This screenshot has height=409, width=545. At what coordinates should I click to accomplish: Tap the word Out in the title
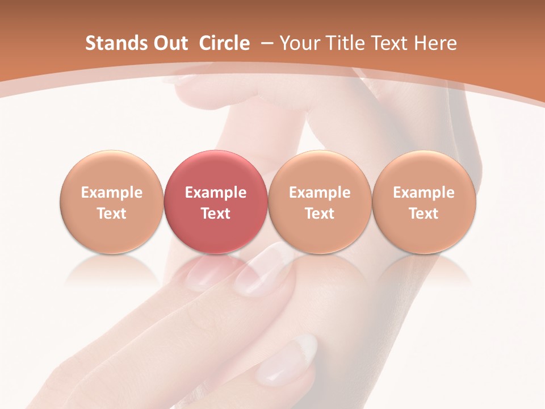169,43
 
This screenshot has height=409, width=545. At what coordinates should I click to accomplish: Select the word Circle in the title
224,43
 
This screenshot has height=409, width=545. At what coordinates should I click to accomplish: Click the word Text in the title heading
390,43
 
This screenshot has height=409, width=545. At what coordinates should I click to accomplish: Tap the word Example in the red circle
216,193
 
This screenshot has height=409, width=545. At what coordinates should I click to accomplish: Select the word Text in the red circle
216,214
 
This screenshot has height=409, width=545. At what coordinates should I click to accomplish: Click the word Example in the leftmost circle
112,193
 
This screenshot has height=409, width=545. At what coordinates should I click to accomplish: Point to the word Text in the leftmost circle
112,214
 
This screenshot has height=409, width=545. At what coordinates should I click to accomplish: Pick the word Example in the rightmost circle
424,193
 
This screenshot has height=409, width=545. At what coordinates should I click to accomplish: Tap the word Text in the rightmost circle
424,214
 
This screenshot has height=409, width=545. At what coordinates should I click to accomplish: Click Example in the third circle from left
320,193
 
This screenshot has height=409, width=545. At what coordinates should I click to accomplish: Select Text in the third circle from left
320,214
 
